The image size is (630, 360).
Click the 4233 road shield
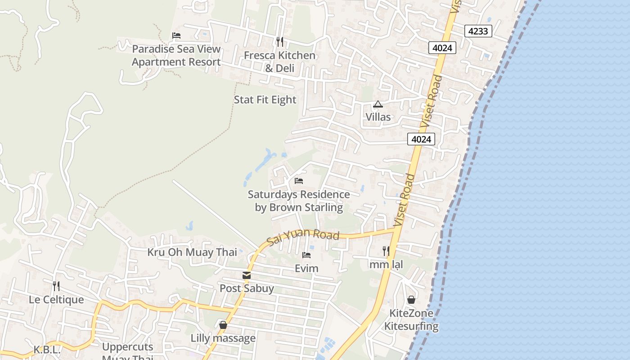coord(478,31)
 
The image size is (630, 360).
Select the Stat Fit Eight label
coord(265,99)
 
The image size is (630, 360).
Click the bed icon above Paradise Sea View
coord(176,36)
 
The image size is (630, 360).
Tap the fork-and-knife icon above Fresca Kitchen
coord(280,42)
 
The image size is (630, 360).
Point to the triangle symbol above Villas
coord(378,104)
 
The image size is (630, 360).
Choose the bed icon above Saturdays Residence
coord(299,181)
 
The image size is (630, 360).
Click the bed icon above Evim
coord(306,255)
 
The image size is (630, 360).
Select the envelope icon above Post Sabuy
coord(247,275)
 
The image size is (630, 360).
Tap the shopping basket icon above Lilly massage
coord(223,325)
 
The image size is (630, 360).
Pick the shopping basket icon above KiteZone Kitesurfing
coord(411,300)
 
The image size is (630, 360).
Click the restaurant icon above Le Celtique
coord(56,286)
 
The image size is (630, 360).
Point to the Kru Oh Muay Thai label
coord(192,252)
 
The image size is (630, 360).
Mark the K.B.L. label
coord(47,349)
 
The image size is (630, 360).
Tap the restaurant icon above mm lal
coord(386,251)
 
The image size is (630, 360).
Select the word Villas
coord(378,117)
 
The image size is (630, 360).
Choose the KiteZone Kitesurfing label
coord(411,319)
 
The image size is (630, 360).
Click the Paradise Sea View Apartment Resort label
coord(176,55)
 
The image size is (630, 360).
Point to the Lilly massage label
coord(223,338)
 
